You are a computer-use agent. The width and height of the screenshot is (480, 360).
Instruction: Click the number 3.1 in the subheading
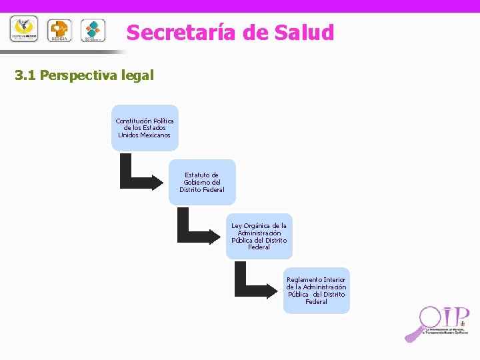tap(25, 75)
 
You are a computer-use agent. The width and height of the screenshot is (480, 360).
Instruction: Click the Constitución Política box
tap(145, 127)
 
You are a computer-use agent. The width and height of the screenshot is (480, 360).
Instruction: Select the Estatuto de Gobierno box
tap(202, 182)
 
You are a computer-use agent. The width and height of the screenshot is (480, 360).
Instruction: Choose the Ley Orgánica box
tap(259, 236)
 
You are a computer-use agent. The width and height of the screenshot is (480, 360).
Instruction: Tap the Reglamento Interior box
tap(316, 291)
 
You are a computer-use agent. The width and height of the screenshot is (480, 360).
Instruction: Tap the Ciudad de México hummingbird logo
tap(24, 29)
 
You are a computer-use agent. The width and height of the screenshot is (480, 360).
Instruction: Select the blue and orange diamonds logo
tap(93, 30)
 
